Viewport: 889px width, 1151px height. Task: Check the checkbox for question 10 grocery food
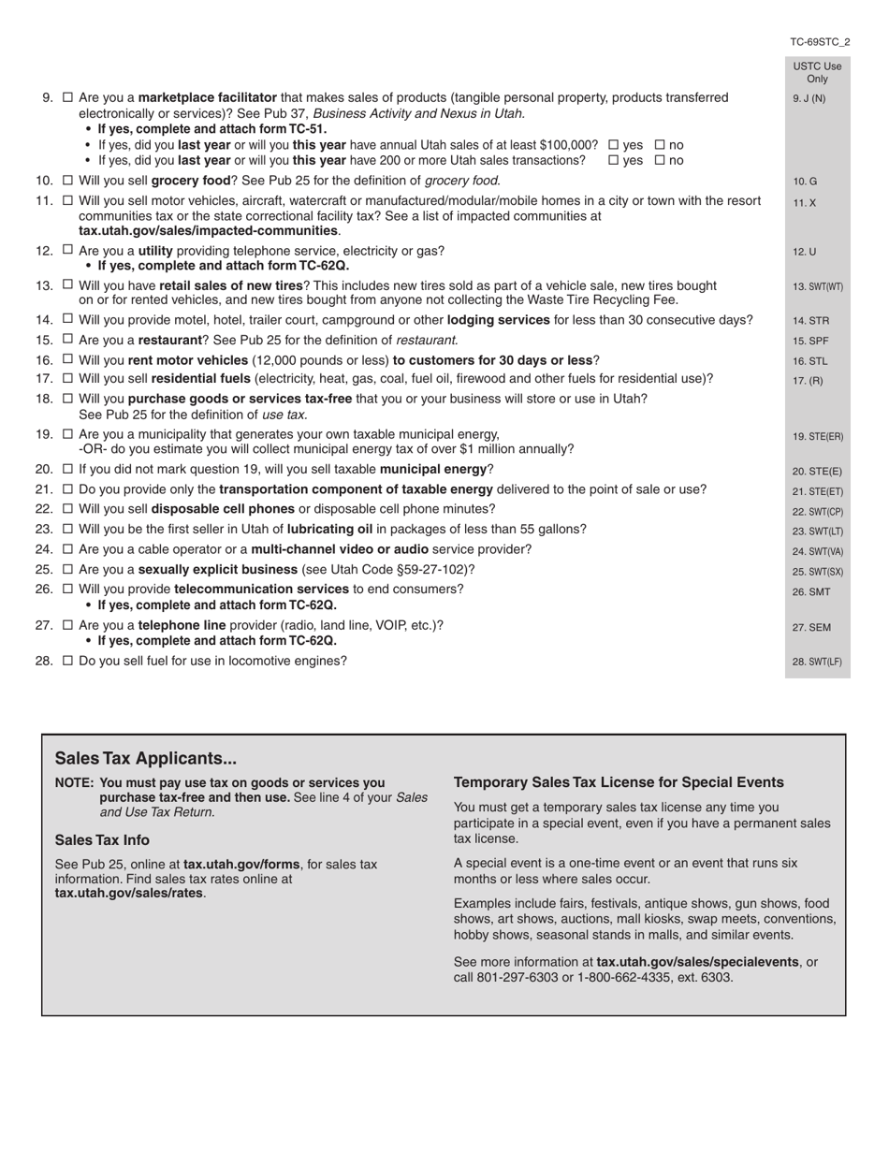click(67, 180)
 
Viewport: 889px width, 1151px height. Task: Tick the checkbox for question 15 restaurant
click(67, 339)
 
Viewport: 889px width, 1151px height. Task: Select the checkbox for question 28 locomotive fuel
click(67, 661)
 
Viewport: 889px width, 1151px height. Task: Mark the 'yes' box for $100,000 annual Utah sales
click(614, 145)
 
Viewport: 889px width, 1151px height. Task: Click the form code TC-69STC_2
click(820, 42)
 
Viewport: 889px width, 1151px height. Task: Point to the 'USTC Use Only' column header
click(817, 72)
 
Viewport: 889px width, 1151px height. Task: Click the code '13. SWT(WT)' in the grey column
click(817, 287)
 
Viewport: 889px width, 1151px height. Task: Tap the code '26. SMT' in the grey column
click(810, 591)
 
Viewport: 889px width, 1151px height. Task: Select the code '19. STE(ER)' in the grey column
click(817, 437)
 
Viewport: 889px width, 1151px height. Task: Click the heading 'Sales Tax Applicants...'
click(145, 758)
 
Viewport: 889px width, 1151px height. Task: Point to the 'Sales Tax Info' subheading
click(102, 840)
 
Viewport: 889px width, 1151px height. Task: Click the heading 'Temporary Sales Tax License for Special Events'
click(619, 782)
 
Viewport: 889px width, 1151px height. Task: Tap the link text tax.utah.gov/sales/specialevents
click(697, 962)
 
